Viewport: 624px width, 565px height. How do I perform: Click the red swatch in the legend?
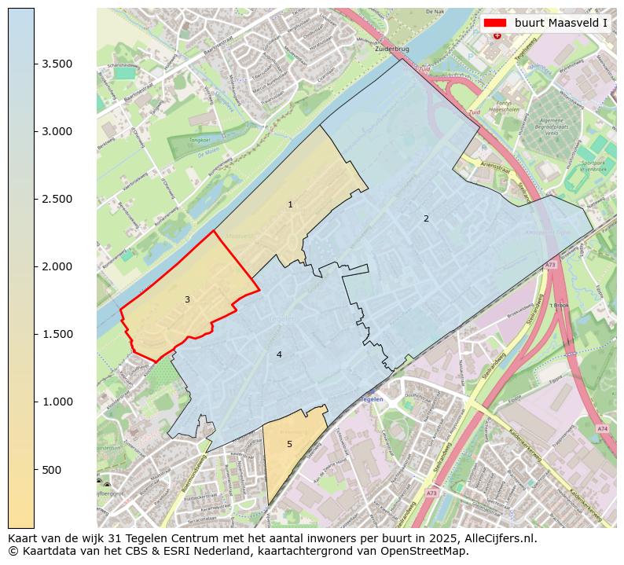click(497, 23)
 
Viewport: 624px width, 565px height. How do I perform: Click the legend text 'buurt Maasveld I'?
click(561, 23)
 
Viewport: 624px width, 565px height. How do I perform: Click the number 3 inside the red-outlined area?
click(187, 299)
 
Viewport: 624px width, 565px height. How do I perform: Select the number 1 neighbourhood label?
click(290, 204)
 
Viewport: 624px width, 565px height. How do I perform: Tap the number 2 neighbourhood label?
click(426, 218)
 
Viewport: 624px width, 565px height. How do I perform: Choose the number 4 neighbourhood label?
click(279, 354)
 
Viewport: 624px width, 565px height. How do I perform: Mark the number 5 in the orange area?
click(289, 444)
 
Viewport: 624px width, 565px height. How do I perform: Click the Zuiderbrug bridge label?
click(393, 49)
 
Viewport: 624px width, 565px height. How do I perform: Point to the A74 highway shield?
click(601, 428)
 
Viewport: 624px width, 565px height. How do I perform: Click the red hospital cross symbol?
click(497, 35)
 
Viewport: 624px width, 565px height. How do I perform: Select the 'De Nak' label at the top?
click(435, 12)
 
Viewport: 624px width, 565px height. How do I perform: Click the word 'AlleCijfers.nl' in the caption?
click(498, 538)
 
